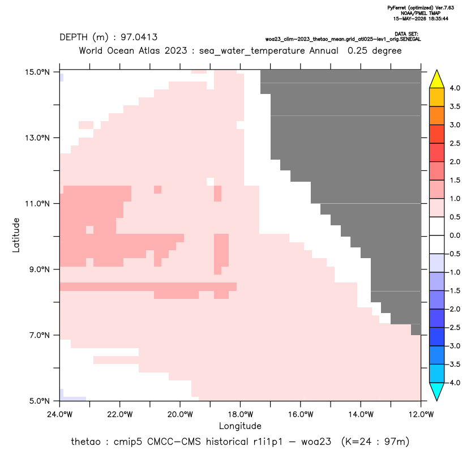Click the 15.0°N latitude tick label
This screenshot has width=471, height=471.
(x=37, y=72)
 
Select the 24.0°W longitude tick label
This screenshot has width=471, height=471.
(x=60, y=414)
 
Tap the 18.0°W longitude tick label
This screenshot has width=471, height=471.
(x=241, y=414)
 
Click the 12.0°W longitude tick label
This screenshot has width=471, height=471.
(x=421, y=414)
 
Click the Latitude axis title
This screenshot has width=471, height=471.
(x=16, y=235)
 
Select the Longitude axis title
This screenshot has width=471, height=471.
(x=240, y=426)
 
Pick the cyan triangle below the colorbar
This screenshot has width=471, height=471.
(x=437, y=391)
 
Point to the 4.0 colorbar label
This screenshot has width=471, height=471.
(x=455, y=88)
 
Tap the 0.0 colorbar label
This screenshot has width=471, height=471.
(x=455, y=236)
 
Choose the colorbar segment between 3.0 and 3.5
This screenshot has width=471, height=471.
(x=437, y=115)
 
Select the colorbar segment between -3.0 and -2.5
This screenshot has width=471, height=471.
(x=437, y=337)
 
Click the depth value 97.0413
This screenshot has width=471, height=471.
(x=139, y=37)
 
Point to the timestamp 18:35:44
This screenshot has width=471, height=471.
(x=439, y=19)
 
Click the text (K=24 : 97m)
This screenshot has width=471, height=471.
(x=375, y=442)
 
